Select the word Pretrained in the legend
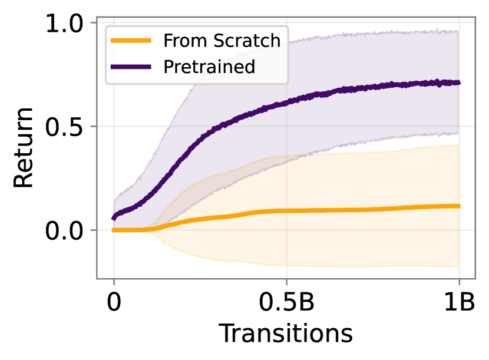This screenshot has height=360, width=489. coord(209,67)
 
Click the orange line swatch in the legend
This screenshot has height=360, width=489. coord(131,41)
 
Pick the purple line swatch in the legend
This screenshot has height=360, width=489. coord(131,67)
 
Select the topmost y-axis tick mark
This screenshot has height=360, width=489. coord(93,22)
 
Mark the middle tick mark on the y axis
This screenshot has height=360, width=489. coord(93,126)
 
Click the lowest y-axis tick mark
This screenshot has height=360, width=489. coord(93,230)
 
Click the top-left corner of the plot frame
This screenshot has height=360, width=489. coord(97,17)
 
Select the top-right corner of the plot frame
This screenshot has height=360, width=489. coord(476,17)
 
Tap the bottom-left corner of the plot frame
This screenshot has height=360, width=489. coord(97,278)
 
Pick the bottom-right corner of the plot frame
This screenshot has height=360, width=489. coord(476,278)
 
